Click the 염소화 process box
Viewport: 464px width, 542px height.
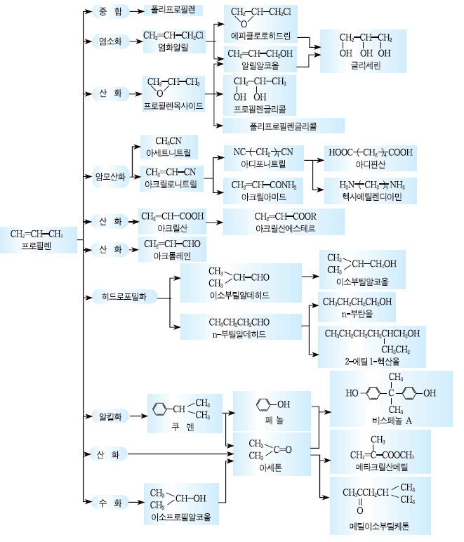pyautogui.click(x=110, y=41)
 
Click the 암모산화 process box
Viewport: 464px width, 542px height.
pyautogui.click(x=111, y=176)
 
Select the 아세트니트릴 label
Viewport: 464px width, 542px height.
pyautogui.click(x=169, y=152)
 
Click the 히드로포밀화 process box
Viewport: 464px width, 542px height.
pyautogui.click(x=124, y=296)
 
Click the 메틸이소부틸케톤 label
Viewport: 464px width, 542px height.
pyautogui.click(x=379, y=525)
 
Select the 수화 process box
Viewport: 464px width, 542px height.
pyautogui.click(x=110, y=502)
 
